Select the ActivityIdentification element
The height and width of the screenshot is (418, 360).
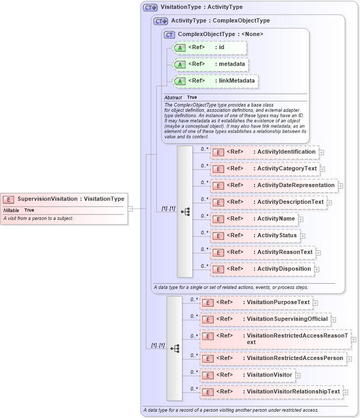(264, 152)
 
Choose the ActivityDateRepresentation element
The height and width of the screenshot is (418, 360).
(274, 185)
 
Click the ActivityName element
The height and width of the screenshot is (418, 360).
(254, 218)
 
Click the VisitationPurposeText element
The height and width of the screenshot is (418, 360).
(256, 302)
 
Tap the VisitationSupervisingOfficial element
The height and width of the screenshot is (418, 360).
(265, 319)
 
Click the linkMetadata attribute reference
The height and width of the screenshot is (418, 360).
(216, 81)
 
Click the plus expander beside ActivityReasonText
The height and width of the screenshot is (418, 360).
(318, 253)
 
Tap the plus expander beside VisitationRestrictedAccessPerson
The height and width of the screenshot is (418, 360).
(349, 359)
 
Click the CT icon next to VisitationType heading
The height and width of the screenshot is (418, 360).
(150, 8)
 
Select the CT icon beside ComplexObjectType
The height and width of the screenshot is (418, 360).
(169, 34)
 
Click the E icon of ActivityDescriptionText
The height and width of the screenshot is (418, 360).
(218, 202)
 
